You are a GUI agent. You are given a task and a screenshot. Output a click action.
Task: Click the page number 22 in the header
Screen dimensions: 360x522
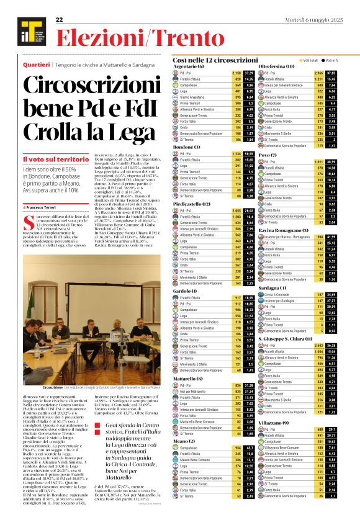click(59, 20)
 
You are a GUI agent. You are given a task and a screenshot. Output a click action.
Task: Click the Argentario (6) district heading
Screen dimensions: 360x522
click(186, 66)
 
